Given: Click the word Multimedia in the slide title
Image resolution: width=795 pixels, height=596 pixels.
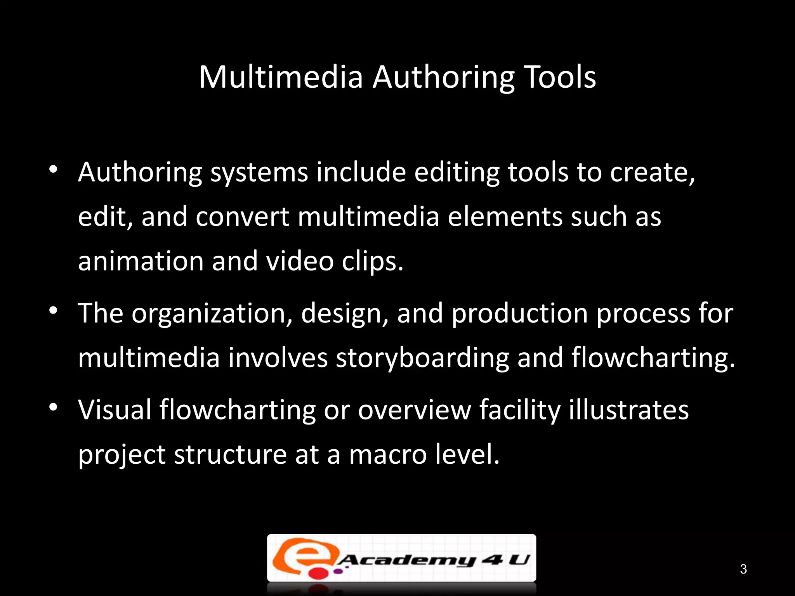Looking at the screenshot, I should pyautogui.click(x=281, y=77).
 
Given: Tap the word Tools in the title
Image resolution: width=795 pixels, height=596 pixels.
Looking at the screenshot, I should pyautogui.click(x=560, y=77).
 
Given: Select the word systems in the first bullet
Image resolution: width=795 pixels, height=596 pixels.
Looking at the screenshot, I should pyautogui.click(x=259, y=172).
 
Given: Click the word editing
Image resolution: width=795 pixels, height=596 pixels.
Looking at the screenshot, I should pyautogui.click(x=457, y=172).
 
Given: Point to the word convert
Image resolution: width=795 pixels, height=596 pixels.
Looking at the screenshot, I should pyautogui.click(x=242, y=217).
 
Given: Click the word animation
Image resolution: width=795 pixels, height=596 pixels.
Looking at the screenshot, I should pyautogui.click(x=141, y=261).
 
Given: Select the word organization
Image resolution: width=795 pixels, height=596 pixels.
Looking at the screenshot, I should pyautogui.click(x=212, y=314).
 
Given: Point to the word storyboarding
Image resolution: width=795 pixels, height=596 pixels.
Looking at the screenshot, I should pyautogui.click(x=422, y=358).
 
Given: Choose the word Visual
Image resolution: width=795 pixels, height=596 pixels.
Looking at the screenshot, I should pyautogui.click(x=115, y=410).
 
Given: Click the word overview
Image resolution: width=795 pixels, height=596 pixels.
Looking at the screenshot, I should pyautogui.click(x=414, y=410).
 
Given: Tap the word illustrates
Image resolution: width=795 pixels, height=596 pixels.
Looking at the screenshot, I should pyautogui.click(x=628, y=410).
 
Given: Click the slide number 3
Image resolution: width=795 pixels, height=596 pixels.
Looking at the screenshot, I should pyautogui.click(x=743, y=569).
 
